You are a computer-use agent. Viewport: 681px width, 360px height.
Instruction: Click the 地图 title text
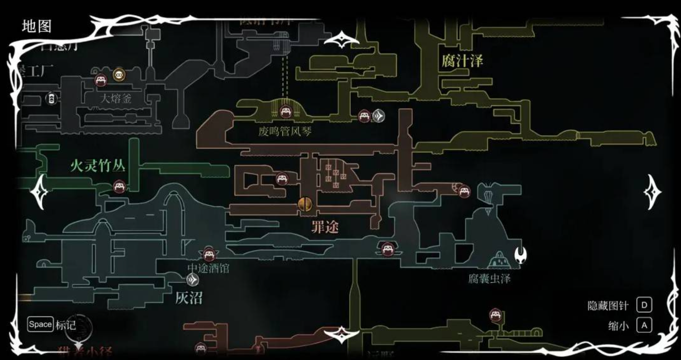pyautogui.click(x=36, y=26)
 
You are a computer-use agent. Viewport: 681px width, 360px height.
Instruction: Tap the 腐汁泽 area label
pyautogui.click(x=462, y=61)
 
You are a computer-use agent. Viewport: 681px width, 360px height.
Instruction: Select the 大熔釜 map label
pyautogui.click(x=115, y=98)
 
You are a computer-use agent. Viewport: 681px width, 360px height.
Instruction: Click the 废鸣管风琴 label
pyautogui.click(x=285, y=132)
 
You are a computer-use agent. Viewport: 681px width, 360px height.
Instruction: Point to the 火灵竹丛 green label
pyautogui.click(x=97, y=166)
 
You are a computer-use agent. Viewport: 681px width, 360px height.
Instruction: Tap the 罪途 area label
pyautogui.click(x=325, y=227)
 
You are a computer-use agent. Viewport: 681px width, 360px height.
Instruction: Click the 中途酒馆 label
pyautogui.click(x=208, y=268)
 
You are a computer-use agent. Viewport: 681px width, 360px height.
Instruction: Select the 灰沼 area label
pyautogui.click(x=189, y=298)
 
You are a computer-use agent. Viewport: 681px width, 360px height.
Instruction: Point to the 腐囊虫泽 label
pyautogui.click(x=489, y=279)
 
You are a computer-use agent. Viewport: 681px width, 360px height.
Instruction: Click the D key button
pyautogui.click(x=644, y=305)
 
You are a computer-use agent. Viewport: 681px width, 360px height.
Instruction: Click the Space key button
pyautogui.click(x=40, y=324)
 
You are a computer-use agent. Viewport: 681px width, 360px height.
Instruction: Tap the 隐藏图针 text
pyautogui.click(x=608, y=306)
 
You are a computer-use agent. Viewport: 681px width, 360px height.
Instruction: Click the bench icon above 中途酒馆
pyautogui.click(x=209, y=253)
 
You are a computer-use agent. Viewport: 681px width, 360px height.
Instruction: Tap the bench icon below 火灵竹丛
pyautogui.click(x=119, y=186)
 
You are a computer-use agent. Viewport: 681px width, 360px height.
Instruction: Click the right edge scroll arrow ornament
pyautogui.click(x=652, y=192)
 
